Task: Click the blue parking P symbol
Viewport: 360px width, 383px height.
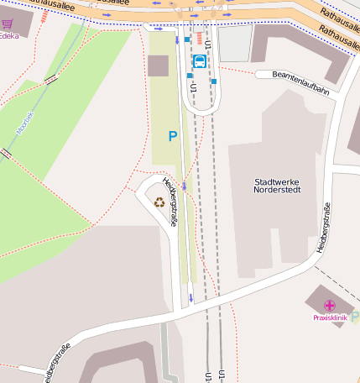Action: (x=173, y=135)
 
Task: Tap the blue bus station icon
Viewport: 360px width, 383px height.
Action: (x=200, y=61)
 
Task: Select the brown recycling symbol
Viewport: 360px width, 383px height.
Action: (x=159, y=202)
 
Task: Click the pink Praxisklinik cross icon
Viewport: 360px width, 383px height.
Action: (x=329, y=306)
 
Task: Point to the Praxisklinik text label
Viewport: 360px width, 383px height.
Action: (x=330, y=318)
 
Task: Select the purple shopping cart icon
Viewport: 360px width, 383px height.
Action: (x=8, y=25)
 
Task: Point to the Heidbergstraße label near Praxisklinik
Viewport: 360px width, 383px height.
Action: (x=322, y=230)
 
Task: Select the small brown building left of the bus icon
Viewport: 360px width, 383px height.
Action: (x=158, y=66)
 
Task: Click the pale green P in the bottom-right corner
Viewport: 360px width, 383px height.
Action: (x=354, y=317)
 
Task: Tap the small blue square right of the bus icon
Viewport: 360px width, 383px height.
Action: (x=214, y=81)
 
